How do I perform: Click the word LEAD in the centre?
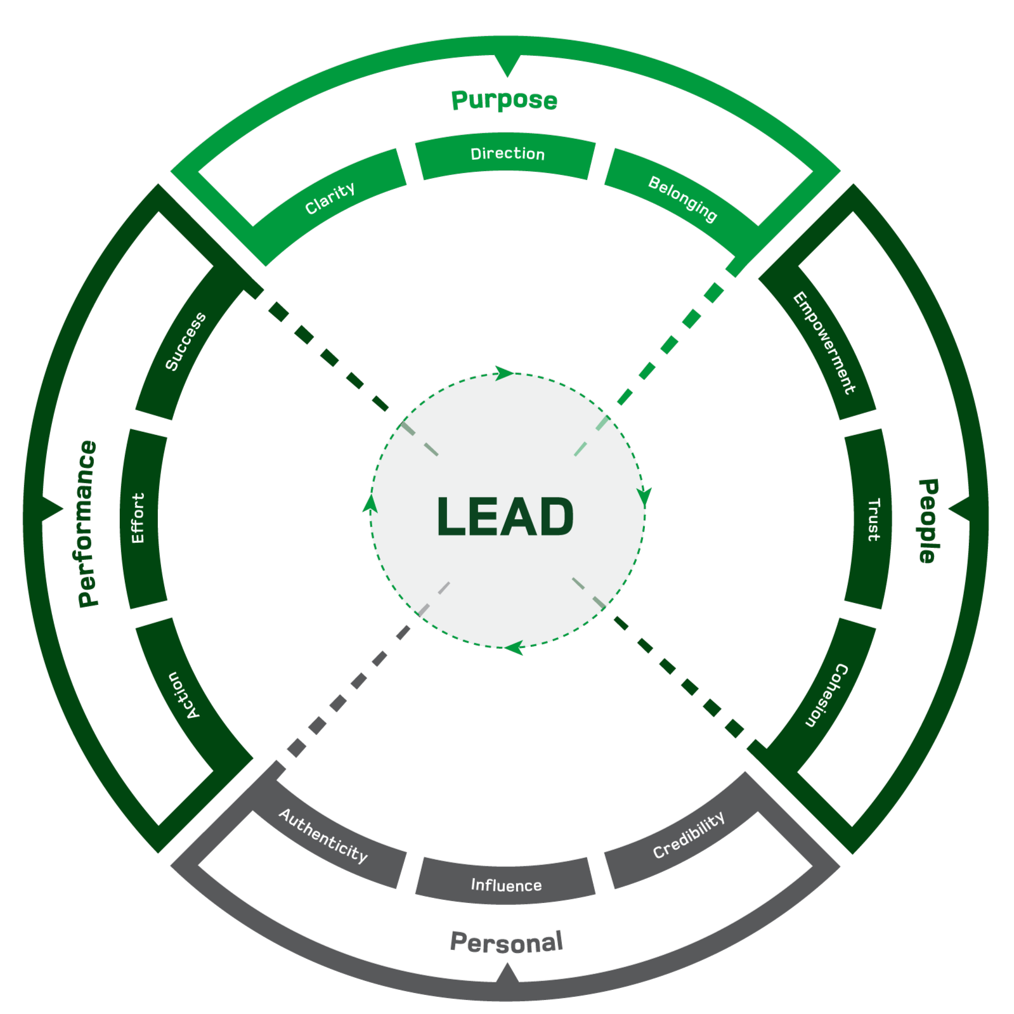pos(505,516)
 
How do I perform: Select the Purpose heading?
pos(504,100)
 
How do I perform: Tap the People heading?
pos(928,521)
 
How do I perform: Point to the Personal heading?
pos(506,942)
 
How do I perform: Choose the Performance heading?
pos(88,524)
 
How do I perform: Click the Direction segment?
pos(507,154)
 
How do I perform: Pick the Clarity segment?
pos(330,198)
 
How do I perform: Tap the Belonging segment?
pos(682,198)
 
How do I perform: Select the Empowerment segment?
pos(824,342)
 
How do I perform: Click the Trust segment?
pos(873,519)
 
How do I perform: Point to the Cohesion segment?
pos(826,695)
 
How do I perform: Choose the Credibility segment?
pos(688,835)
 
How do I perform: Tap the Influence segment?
pos(506,885)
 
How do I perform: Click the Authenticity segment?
pos(323,835)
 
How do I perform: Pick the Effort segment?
pos(138,518)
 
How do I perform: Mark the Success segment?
pos(185,341)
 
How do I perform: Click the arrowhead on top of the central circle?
pos(505,374)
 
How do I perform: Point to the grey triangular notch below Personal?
pos(507,973)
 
